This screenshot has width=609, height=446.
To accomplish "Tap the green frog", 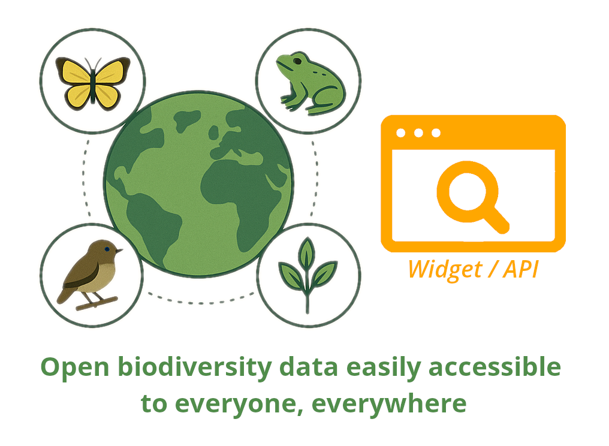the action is click(310, 83).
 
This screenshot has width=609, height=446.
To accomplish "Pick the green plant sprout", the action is click(307, 275).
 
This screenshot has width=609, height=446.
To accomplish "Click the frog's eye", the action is click(297, 61).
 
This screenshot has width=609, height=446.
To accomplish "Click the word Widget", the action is click(445, 269).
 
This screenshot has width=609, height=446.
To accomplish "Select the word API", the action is click(520, 269).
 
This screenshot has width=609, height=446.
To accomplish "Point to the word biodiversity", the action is click(195, 367).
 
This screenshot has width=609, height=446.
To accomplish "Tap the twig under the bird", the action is click(97, 303).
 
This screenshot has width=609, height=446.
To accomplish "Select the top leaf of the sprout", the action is click(307, 252).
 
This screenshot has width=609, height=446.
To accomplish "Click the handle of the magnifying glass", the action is click(497, 220).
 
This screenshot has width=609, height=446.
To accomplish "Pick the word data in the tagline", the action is click(309, 366).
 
